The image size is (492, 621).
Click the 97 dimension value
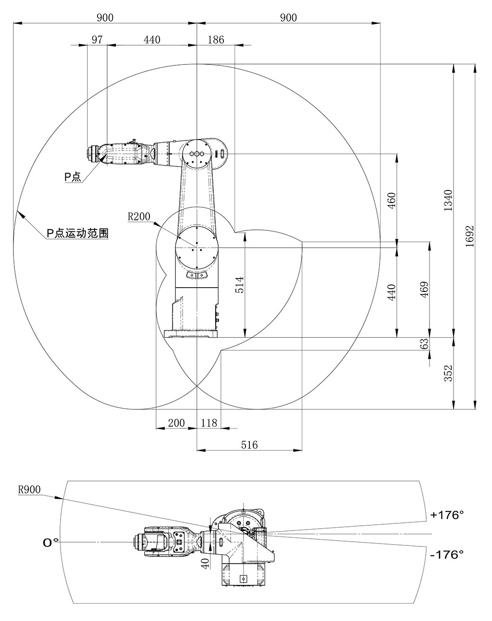(x=97, y=40)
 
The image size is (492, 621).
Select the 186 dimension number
(x=216, y=40)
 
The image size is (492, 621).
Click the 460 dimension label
(x=391, y=199)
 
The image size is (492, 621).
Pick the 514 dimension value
(x=239, y=285)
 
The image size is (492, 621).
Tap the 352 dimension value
(x=448, y=373)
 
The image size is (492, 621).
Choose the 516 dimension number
(x=249, y=445)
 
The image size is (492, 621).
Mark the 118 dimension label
(x=209, y=423)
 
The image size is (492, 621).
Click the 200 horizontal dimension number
(x=176, y=423)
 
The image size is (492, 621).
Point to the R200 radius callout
(x=139, y=217)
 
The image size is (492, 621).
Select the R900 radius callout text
(x=29, y=490)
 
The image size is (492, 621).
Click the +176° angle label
(x=447, y=515)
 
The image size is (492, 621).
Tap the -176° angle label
(x=447, y=554)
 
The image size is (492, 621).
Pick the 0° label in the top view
(x=50, y=543)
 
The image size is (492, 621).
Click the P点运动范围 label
(x=77, y=234)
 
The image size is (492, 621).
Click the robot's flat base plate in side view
(x=191, y=334)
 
